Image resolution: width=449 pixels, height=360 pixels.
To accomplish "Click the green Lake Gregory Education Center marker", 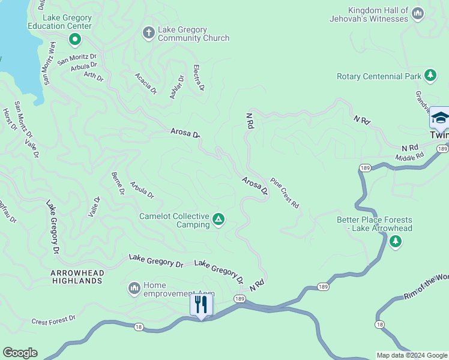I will click(75, 40).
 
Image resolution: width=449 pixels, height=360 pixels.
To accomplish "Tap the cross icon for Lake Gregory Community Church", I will click(148, 33).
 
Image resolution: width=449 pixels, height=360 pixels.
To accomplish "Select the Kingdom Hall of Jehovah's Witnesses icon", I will click(418, 13).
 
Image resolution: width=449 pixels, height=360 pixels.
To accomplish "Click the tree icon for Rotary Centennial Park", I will click(430, 76).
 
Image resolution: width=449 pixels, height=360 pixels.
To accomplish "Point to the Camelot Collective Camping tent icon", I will click(219, 220).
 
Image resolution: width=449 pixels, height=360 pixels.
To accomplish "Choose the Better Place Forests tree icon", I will click(395, 241).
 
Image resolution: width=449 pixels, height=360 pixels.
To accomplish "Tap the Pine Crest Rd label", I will click(285, 193).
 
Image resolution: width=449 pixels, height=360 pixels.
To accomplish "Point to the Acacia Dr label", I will click(145, 84).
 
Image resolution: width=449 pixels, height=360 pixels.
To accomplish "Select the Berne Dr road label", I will click(118, 184).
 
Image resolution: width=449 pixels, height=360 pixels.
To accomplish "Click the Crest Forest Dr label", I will click(53, 321).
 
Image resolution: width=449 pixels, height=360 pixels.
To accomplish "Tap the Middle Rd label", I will click(409, 157).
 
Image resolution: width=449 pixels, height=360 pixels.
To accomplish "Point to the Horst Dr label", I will click(9, 119).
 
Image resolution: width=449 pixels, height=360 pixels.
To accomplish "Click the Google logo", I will click(20, 353).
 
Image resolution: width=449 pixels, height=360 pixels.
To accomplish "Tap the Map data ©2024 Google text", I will click(412, 355).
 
